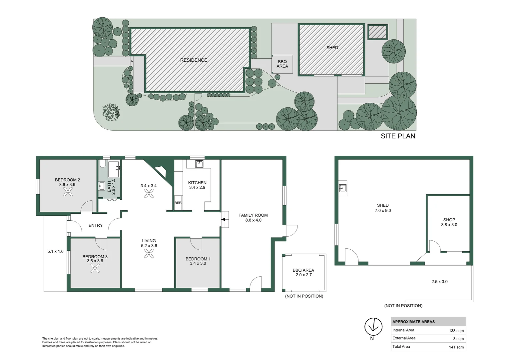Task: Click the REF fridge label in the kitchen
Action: click(x=178, y=203)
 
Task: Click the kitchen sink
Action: click(x=199, y=164)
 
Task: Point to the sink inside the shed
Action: click(x=343, y=188)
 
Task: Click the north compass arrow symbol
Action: click(x=373, y=327)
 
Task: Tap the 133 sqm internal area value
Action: click(x=456, y=331)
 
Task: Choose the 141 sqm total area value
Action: click(x=456, y=347)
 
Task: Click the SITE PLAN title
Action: click(x=398, y=136)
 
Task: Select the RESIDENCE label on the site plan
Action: click(x=194, y=60)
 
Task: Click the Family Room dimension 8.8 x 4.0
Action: click(x=253, y=220)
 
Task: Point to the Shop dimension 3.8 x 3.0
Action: click(x=449, y=225)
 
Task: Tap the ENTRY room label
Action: click(x=95, y=225)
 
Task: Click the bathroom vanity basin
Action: click(x=101, y=186)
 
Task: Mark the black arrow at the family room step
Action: click(x=223, y=219)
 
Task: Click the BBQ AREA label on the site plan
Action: click(x=282, y=64)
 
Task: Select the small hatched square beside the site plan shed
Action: click(x=377, y=32)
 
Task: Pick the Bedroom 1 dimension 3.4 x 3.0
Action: click(x=198, y=263)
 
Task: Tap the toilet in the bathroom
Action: click(x=102, y=164)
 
